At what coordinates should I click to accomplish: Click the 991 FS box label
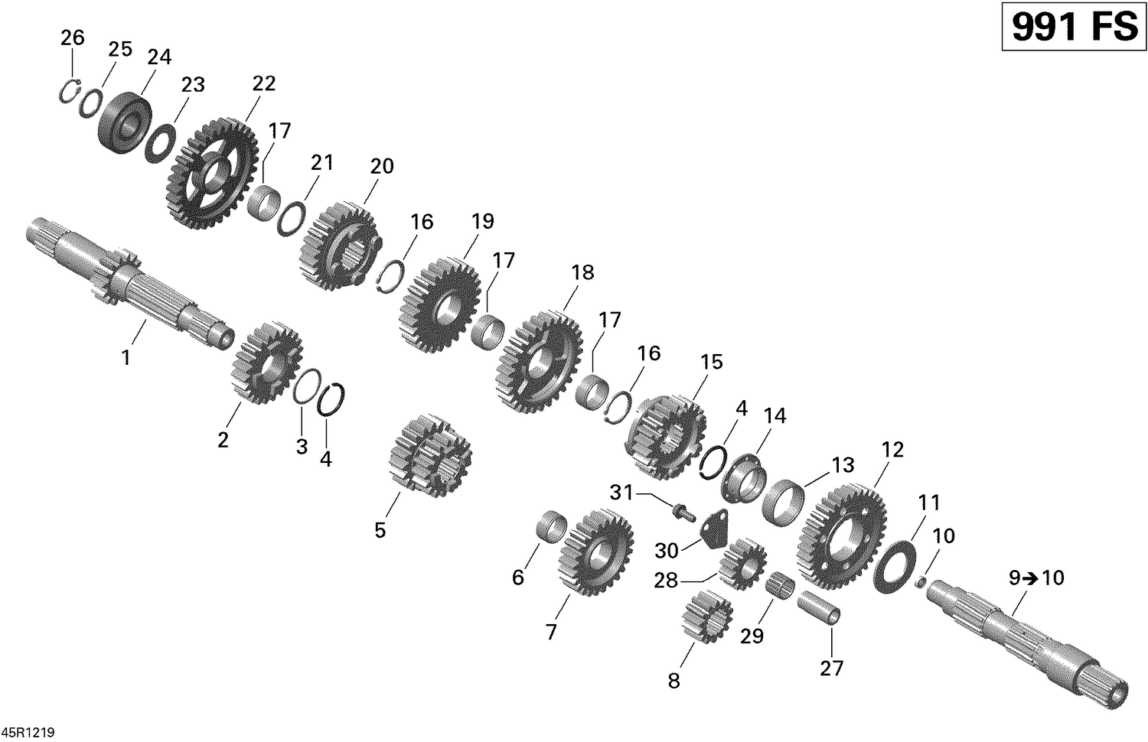click(1074, 28)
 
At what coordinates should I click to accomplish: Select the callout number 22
click(263, 83)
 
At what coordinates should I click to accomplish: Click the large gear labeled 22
click(211, 174)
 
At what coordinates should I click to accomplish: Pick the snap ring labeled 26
click(70, 90)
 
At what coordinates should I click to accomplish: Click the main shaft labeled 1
click(130, 283)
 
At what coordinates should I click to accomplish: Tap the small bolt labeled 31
click(681, 511)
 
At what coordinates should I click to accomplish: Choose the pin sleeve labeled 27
click(820, 609)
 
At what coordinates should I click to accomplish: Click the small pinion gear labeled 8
click(706, 617)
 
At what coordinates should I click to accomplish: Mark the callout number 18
click(582, 272)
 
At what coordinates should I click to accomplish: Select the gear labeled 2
click(266, 363)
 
